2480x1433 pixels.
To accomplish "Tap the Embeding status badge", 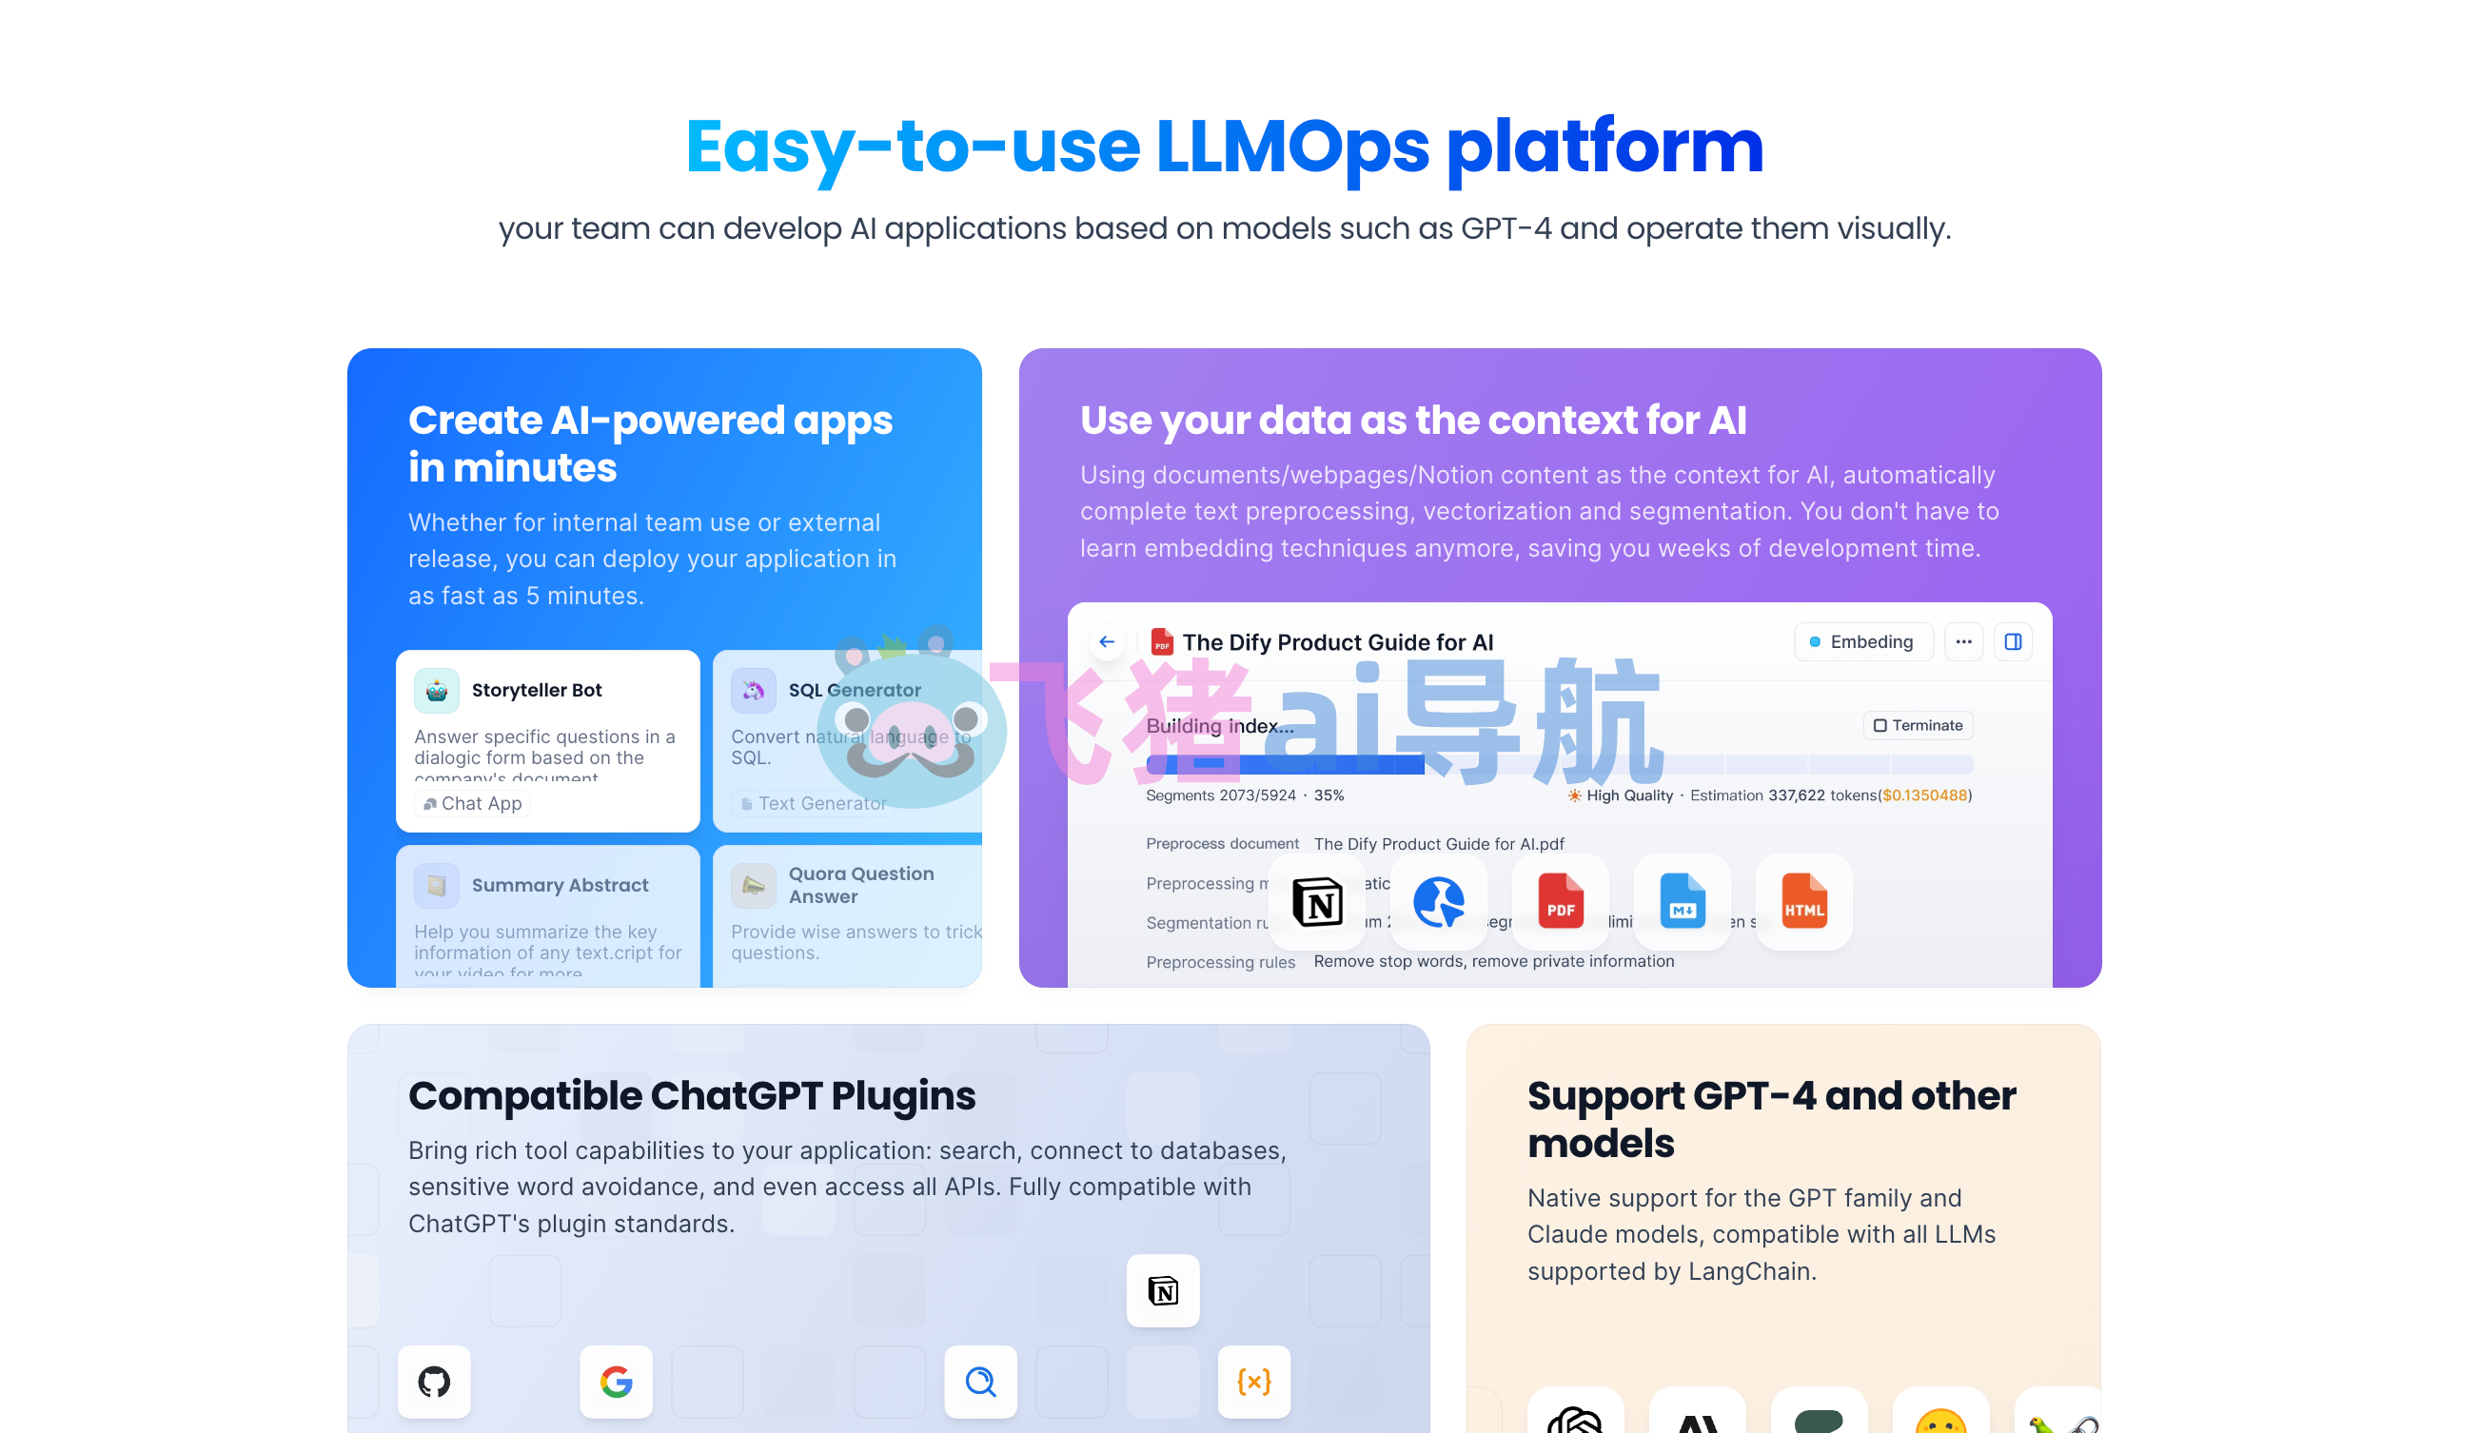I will [x=1862, y=641].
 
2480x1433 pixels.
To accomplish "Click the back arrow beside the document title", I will [x=1107, y=641].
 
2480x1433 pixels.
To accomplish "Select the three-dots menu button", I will [x=1963, y=641].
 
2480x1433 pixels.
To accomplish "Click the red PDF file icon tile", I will [x=1560, y=900].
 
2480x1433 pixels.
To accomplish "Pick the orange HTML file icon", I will [x=1803, y=900].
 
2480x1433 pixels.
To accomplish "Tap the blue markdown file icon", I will [x=1682, y=900].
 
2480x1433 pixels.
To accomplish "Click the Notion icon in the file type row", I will [x=1317, y=900].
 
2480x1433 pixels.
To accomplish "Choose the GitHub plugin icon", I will [x=434, y=1382].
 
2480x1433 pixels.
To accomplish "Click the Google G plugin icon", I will [x=616, y=1382].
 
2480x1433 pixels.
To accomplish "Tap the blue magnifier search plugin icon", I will [x=980, y=1382].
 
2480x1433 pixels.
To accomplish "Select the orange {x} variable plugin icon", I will [x=1253, y=1382].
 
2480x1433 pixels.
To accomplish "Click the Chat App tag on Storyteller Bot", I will [x=473, y=804].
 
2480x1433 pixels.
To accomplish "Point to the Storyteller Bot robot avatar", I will [x=436, y=691].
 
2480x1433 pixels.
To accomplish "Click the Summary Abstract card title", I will [x=560, y=885].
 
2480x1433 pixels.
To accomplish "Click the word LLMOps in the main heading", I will [x=1292, y=147].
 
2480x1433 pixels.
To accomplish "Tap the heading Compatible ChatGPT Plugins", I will [x=692, y=1095].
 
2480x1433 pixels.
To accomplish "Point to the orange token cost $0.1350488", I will [x=1925, y=795].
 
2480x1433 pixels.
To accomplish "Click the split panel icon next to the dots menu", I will [x=2013, y=641].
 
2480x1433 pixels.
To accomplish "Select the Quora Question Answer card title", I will [x=861, y=885].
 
